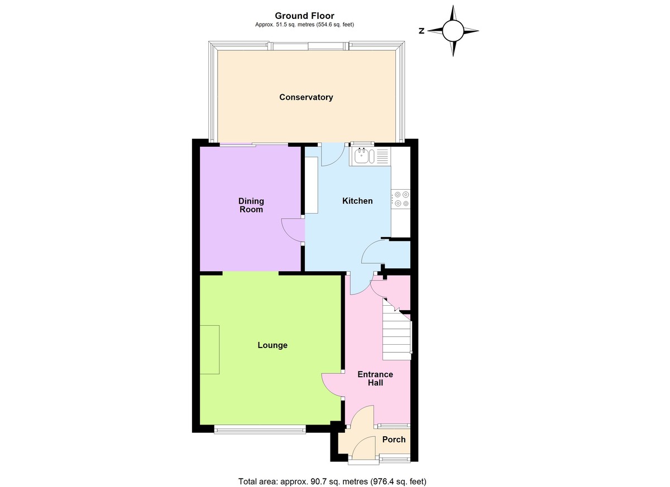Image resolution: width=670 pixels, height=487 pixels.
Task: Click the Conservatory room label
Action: pyautogui.click(x=306, y=97)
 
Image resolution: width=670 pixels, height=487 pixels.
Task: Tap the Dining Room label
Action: pyautogui.click(x=251, y=205)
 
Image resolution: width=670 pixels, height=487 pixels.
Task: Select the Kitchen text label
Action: pyautogui.click(x=357, y=201)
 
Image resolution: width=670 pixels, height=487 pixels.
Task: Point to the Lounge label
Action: pyautogui.click(x=272, y=345)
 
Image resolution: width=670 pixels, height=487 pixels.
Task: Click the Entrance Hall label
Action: pyautogui.click(x=375, y=378)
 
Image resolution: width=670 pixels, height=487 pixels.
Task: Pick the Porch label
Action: pyautogui.click(x=394, y=440)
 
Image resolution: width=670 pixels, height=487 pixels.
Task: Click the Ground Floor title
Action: pyautogui.click(x=304, y=16)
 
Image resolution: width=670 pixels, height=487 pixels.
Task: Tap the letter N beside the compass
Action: pyautogui.click(x=422, y=31)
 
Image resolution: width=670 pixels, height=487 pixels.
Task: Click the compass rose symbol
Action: pyautogui.click(x=453, y=31)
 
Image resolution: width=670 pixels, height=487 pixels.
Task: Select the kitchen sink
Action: pyautogui.click(x=362, y=156)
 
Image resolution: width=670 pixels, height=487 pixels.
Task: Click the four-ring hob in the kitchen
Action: pyautogui.click(x=401, y=200)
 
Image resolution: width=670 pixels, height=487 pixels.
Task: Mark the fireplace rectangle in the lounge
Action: pyautogui.click(x=210, y=350)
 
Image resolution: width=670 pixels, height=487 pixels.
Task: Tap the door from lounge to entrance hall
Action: pyautogui.click(x=333, y=385)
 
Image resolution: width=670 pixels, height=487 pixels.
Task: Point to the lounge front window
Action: pyautogui.click(x=260, y=429)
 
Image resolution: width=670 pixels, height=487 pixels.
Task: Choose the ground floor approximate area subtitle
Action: pyautogui.click(x=304, y=25)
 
